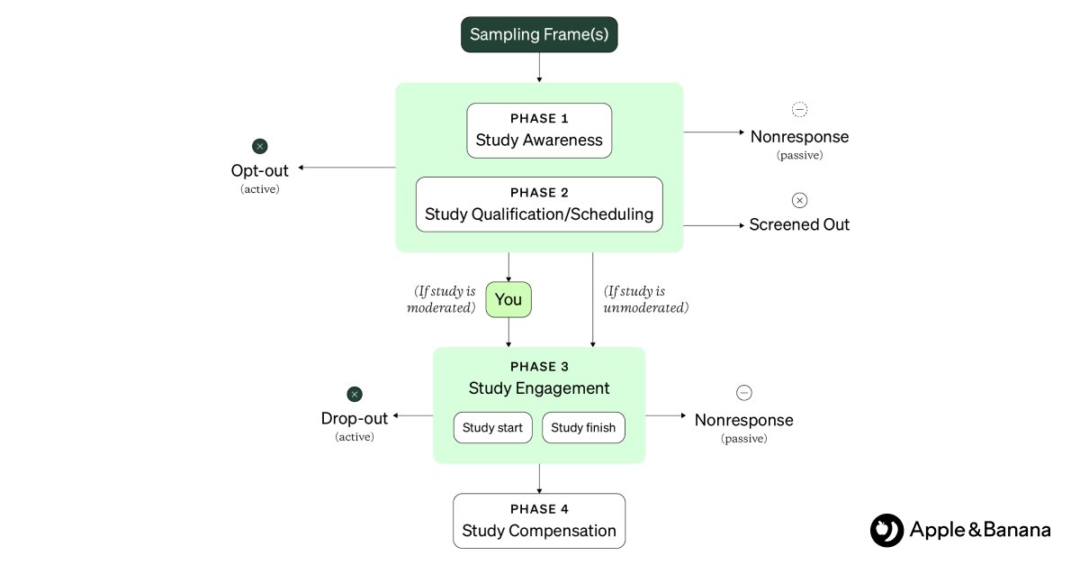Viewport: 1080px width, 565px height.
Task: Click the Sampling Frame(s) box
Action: pyautogui.click(x=539, y=35)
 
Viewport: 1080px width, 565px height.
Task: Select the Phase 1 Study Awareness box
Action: pyautogui.click(x=539, y=131)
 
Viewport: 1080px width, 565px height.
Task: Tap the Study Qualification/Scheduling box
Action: pyautogui.click(x=539, y=205)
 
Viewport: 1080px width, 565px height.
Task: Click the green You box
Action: pyautogui.click(x=508, y=299)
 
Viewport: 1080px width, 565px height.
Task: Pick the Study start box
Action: pyautogui.click(x=492, y=428)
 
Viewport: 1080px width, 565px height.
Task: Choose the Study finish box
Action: pyautogui.click(x=583, y=428)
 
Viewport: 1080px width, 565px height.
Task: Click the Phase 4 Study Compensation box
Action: pyautogui.click(x=539, y=521)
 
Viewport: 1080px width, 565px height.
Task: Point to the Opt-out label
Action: pyautogui.click(x=260, y=170)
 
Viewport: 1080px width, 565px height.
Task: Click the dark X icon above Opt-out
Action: pyautogui.click(x=260, y=146)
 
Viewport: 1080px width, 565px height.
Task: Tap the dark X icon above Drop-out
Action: pyautogui.click(x=355, y=394)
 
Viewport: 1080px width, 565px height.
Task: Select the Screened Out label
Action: pyautogui.click(x=799, y=224)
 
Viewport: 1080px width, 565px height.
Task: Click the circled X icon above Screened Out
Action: pyautogui.click(x=799, y=200)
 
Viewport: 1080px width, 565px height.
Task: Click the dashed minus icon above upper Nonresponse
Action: pyautogui.click(x=799, y=110)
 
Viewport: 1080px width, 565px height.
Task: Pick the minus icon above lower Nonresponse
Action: pyautogui.click(x=743, y=393)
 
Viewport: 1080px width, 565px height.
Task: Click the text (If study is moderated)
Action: pyautogui.click(x=444, y=299)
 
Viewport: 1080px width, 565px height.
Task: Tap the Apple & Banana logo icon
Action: pyautogui.click(x=886, y=530)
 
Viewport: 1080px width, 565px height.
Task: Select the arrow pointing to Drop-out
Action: pyautogui.click(x=412, y=415)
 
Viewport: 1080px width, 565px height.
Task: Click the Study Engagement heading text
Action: pyautogui.click(x=539, y=388)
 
